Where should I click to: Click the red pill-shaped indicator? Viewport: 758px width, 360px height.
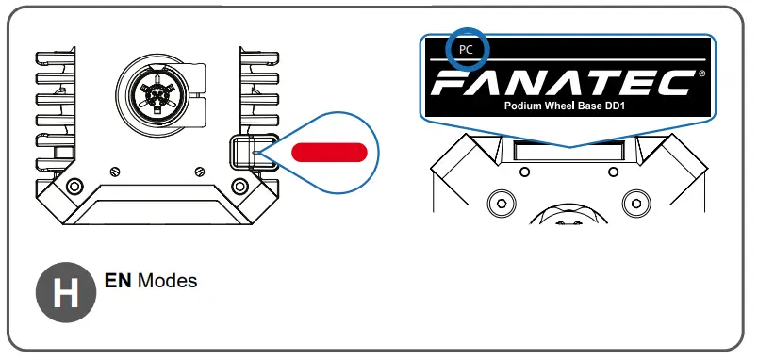tap(328, 153)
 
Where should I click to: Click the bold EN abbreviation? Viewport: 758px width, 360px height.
tap(117, 281)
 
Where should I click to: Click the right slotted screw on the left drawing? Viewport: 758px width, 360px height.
tap(199, 171)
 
